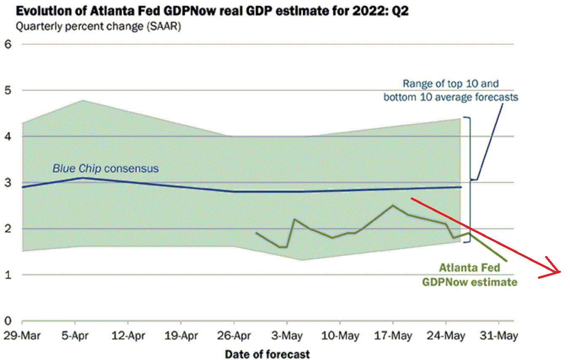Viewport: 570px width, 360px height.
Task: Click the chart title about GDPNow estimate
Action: tap(212, 12)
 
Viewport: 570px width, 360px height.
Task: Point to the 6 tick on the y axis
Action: tap(8, 44)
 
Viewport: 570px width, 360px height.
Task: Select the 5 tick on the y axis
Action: tap(8, 90)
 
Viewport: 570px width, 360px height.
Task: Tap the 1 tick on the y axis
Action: tap(8, 275)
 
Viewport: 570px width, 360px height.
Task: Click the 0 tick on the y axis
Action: tap(8, 321)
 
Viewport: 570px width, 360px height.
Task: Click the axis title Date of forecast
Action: tap(267, 354)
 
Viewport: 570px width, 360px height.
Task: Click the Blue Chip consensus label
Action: tap(105, 169)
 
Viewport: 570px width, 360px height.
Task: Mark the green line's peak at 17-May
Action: tap(393, 205)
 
